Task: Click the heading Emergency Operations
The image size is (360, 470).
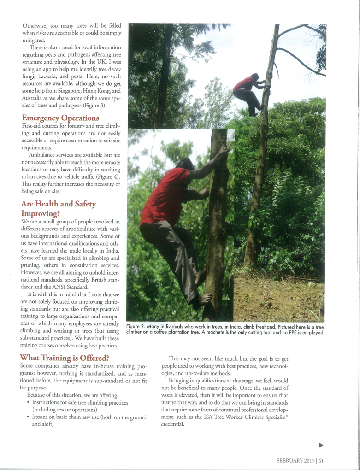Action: tap(60, 118)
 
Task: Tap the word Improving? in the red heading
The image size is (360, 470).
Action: tap(41, 213)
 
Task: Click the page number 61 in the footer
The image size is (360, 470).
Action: tap(320, 460)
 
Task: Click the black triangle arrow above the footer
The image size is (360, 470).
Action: tap(321, 445)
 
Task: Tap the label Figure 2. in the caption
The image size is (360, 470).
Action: tap(137, 327)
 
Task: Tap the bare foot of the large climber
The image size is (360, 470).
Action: tap(204, 299)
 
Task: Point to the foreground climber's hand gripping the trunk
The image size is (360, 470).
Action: tap(223, 151)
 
